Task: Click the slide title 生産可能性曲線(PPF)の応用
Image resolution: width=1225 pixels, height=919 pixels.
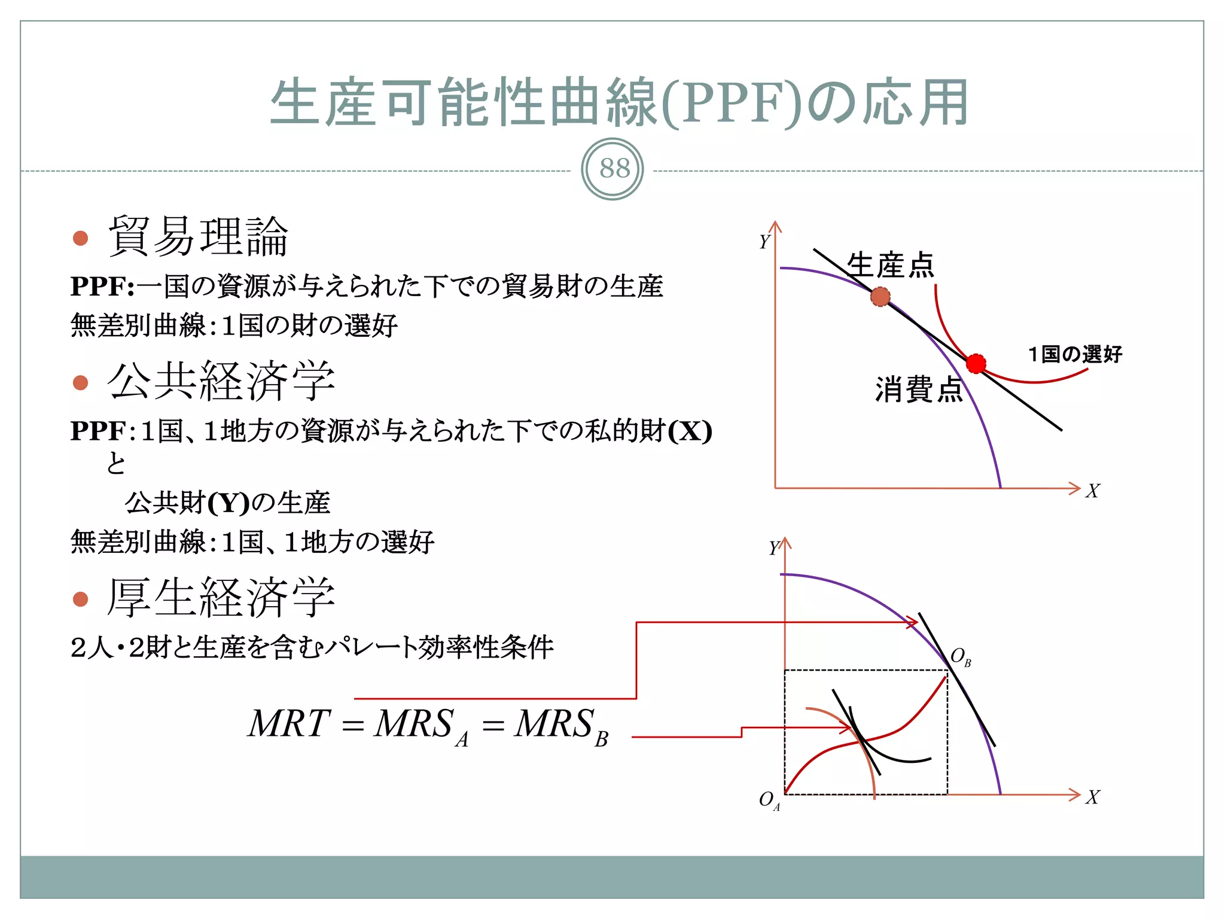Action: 619,103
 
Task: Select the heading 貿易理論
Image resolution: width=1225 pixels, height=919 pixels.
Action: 198,236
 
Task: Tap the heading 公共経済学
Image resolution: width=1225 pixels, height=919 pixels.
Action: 221,381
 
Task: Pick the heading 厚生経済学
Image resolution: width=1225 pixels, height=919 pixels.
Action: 221,597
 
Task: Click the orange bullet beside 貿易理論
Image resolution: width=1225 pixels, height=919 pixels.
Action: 80,238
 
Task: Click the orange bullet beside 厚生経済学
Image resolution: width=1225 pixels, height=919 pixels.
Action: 80,599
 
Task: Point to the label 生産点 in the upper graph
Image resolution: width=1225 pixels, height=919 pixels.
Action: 890,265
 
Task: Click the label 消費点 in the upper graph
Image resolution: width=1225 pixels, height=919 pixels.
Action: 918,389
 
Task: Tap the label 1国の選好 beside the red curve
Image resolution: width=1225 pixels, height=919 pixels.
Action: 1075,354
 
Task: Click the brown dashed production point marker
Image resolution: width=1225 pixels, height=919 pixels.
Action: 880,297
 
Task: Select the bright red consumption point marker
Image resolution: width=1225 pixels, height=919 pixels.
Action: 976,363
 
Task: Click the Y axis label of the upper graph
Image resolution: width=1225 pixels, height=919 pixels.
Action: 764,242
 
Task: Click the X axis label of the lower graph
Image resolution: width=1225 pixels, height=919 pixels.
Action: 1092,798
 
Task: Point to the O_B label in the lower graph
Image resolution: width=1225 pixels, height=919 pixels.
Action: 960,657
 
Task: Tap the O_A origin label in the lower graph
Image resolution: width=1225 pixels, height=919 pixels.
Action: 769,801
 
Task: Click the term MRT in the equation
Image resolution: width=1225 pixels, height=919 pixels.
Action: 289,723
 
